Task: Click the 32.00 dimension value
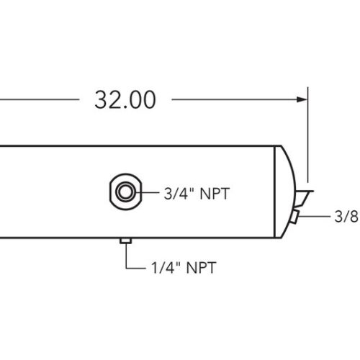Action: click(x=125, y=100)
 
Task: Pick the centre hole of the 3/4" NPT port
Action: click(x=125, y=192)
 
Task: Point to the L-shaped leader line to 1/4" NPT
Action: click(x=126, y=259)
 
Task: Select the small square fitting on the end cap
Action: click(x=295, y=217)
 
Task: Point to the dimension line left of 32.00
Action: click(x=36, y=99)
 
